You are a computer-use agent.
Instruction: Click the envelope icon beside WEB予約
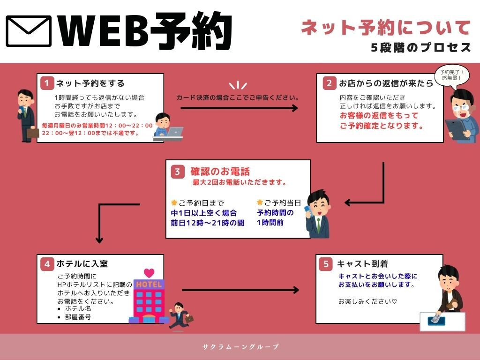29,31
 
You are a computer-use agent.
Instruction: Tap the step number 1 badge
47,83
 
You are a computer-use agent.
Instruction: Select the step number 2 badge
330,83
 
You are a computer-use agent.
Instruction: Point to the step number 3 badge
177,172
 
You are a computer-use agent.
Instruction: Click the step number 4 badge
47,264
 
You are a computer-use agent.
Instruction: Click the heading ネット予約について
386,28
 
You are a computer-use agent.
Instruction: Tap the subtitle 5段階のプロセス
420,48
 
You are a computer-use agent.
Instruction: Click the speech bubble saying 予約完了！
452,75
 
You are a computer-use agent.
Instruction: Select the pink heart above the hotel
149,272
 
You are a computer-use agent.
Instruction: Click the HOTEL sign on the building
149,285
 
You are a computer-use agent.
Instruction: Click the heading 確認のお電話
220,171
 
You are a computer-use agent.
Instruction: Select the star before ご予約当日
260,202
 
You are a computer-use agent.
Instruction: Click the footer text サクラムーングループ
240,347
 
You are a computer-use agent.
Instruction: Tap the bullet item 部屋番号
78,317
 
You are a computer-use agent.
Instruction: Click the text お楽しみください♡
367,301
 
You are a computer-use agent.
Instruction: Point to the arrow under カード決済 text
239,108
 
